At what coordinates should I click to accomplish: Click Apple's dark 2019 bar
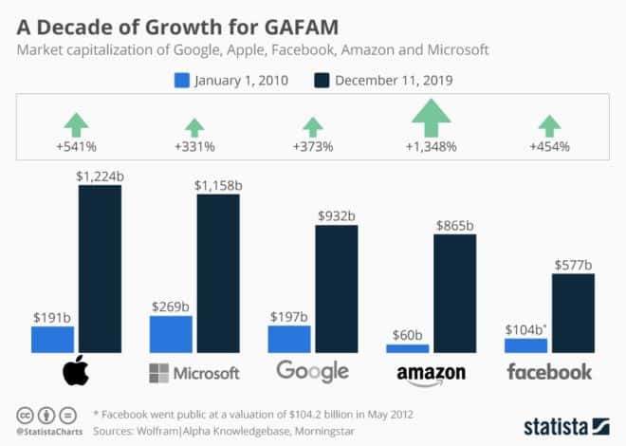click(100, 269)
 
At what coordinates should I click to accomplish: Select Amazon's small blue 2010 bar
click(408, 348)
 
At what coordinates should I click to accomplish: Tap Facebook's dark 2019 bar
click(573, 313)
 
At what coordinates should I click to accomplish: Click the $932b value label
click(337, 215)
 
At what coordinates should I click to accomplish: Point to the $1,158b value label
click(218, 184)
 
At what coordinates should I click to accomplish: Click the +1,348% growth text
click(432, 146)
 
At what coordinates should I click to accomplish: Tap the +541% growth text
click(76, 146)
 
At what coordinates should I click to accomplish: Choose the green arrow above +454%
click(549, 126)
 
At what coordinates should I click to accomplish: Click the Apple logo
click(76, 372)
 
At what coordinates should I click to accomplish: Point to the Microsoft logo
click(194, 372)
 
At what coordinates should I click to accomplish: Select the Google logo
click(313, 372)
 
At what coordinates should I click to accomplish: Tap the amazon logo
click(432, 373)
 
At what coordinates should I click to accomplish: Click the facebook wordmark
click(549, 371)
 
